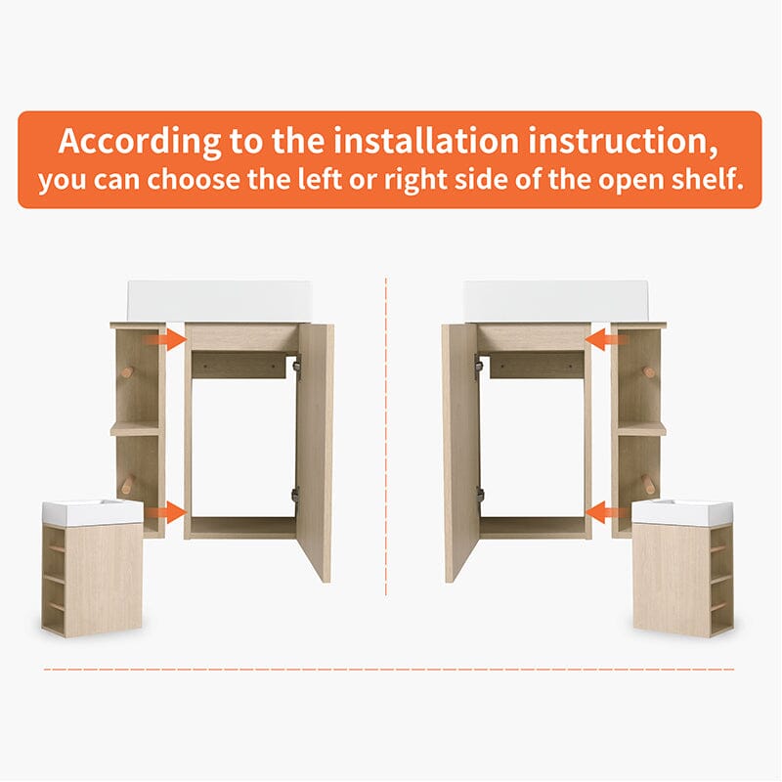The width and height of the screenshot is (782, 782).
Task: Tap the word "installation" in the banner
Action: click(426, 141)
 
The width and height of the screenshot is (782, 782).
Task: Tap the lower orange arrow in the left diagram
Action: click(165, 512)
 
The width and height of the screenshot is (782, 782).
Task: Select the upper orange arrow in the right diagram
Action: click(607, 339)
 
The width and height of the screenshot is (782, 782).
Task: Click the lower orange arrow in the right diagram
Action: click(607, 512)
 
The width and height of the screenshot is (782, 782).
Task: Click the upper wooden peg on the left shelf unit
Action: click(128, 372)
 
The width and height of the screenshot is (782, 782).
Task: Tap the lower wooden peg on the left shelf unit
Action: click(128, 482)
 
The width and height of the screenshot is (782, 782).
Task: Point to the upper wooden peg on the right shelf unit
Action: click(649, 372)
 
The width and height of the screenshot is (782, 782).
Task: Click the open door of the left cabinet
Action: click(315, 452)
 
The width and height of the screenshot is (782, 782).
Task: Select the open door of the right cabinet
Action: click(460, 452)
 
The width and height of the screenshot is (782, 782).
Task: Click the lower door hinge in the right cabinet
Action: click(480, 494)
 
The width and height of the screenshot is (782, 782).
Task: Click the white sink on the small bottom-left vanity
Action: click(93, 511)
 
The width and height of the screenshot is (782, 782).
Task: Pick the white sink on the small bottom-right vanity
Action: click(682, 511)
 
